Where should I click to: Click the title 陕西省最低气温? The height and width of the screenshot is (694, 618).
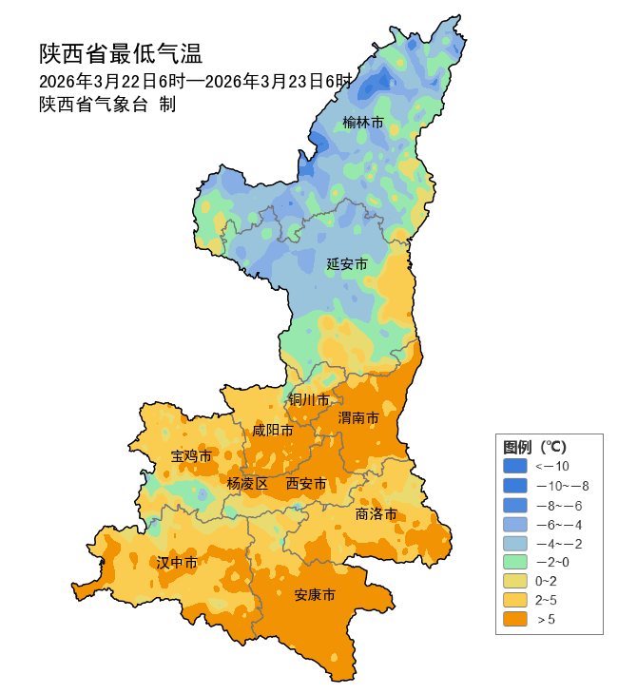point(121,52)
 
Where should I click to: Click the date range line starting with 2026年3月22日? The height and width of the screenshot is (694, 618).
point(196,81)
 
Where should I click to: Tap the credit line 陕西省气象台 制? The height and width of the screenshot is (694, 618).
point(107,105)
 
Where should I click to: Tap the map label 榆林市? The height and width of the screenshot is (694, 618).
point(363,123)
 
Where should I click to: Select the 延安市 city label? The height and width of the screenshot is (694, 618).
point(347,263)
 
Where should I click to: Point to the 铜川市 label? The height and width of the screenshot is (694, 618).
point(309,399)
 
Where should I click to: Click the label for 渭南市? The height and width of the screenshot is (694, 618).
point(358,418)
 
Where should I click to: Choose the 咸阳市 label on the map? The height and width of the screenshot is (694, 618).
point(272,431)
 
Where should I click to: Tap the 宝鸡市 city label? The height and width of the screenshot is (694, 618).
point(191,456)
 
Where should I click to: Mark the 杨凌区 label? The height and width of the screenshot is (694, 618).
point(247,483)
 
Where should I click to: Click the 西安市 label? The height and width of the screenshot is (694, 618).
point(306,484)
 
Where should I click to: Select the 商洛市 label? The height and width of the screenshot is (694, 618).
point(376,514)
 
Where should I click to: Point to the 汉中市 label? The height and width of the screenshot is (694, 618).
point(177,563)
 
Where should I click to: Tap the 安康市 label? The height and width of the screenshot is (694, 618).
point(315,595)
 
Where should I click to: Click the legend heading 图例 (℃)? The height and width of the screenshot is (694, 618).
point(534,447)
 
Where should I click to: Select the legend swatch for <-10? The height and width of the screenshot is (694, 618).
point(514,466)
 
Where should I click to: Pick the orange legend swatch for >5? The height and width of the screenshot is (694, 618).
point(514,619)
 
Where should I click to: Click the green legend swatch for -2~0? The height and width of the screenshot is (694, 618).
point(514,561)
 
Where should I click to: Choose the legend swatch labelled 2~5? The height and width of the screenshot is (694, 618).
point(514,600)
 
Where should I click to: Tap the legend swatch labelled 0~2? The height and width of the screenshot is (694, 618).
point(514,581)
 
